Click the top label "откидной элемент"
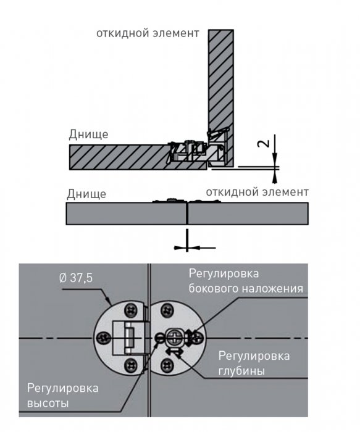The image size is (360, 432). [x=148, y=33]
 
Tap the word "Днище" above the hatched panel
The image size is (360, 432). [x=88, y=134]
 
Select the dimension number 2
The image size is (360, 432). [x=263, y=143]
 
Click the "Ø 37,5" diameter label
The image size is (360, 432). [x=76, y=278]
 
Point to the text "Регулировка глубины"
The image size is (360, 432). [x=254, y=363]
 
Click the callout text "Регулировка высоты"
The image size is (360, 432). [x=62, y=396]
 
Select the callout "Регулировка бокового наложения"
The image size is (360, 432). [x=246, y=281]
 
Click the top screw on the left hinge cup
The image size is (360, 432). [x=131, y=310]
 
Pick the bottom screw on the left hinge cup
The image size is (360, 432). [x=131, y=365]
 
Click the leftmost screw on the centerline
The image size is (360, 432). [x=103, y=338]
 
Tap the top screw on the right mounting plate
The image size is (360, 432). [x=167, y=310]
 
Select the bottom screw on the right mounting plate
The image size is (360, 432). [x=167, y=365]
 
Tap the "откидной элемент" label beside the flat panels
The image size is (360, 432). [x=257, y=192]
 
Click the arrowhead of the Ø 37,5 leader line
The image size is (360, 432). [x=109, y=302]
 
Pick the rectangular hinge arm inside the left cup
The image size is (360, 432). [x=123, y=338]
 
